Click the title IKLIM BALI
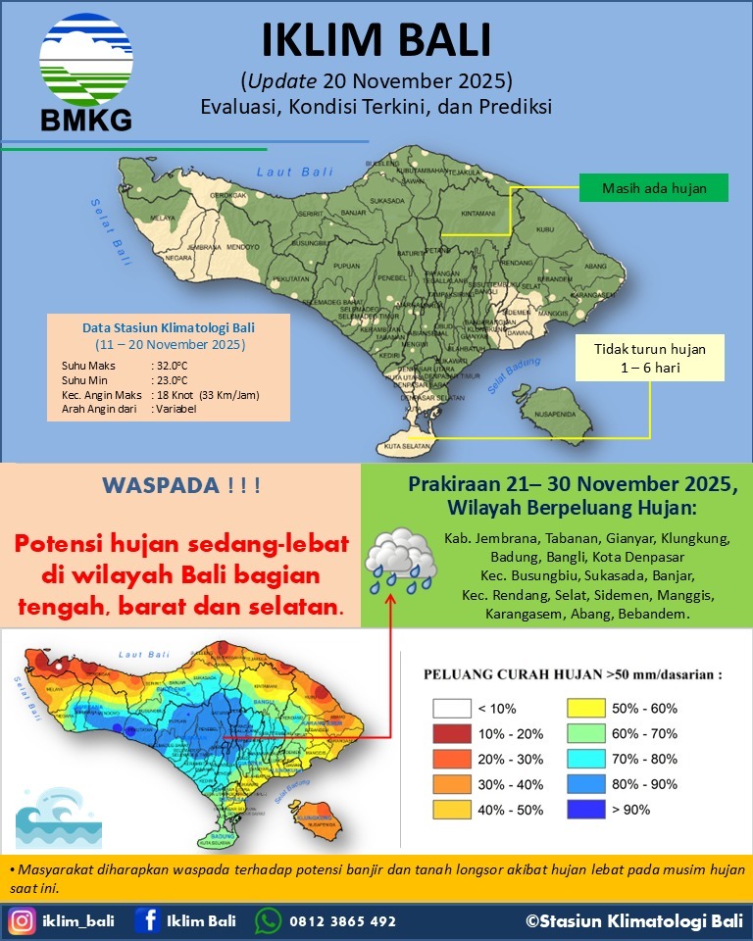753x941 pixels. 376,40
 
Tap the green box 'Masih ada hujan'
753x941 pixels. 653,187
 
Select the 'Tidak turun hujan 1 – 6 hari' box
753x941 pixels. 649,358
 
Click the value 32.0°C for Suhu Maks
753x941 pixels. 174,365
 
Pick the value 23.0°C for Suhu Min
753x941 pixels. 174,379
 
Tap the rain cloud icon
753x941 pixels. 400,562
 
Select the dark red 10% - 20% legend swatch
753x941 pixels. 450,733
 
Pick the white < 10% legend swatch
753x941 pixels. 450,708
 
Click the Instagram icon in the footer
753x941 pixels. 22,921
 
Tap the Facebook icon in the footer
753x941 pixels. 148,921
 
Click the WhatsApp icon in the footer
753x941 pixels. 268,921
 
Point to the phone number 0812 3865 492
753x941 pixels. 342,921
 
